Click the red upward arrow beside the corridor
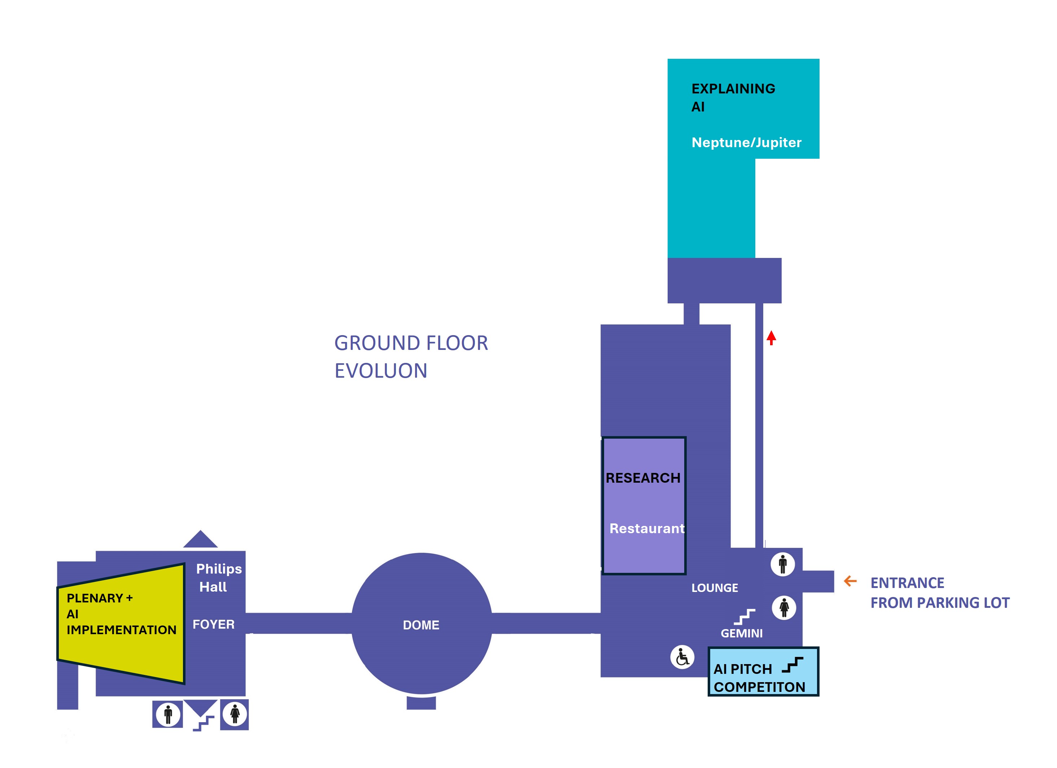(771, 338)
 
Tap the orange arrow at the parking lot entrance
(851, 581)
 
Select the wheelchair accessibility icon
(682, 657)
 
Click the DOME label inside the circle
(421, 625)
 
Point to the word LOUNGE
(715, 588)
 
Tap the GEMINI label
(742, 633)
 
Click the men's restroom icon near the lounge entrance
(782, 564)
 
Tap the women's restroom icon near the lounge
(784, 607)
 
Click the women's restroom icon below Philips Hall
(235, 714)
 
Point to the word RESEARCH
(643, 478)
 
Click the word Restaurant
(647, 528)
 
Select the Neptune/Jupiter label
(746, 142)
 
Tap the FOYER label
(213, 624)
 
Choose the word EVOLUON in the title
(381, 371)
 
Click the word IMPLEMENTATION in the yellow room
(121, 630)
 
